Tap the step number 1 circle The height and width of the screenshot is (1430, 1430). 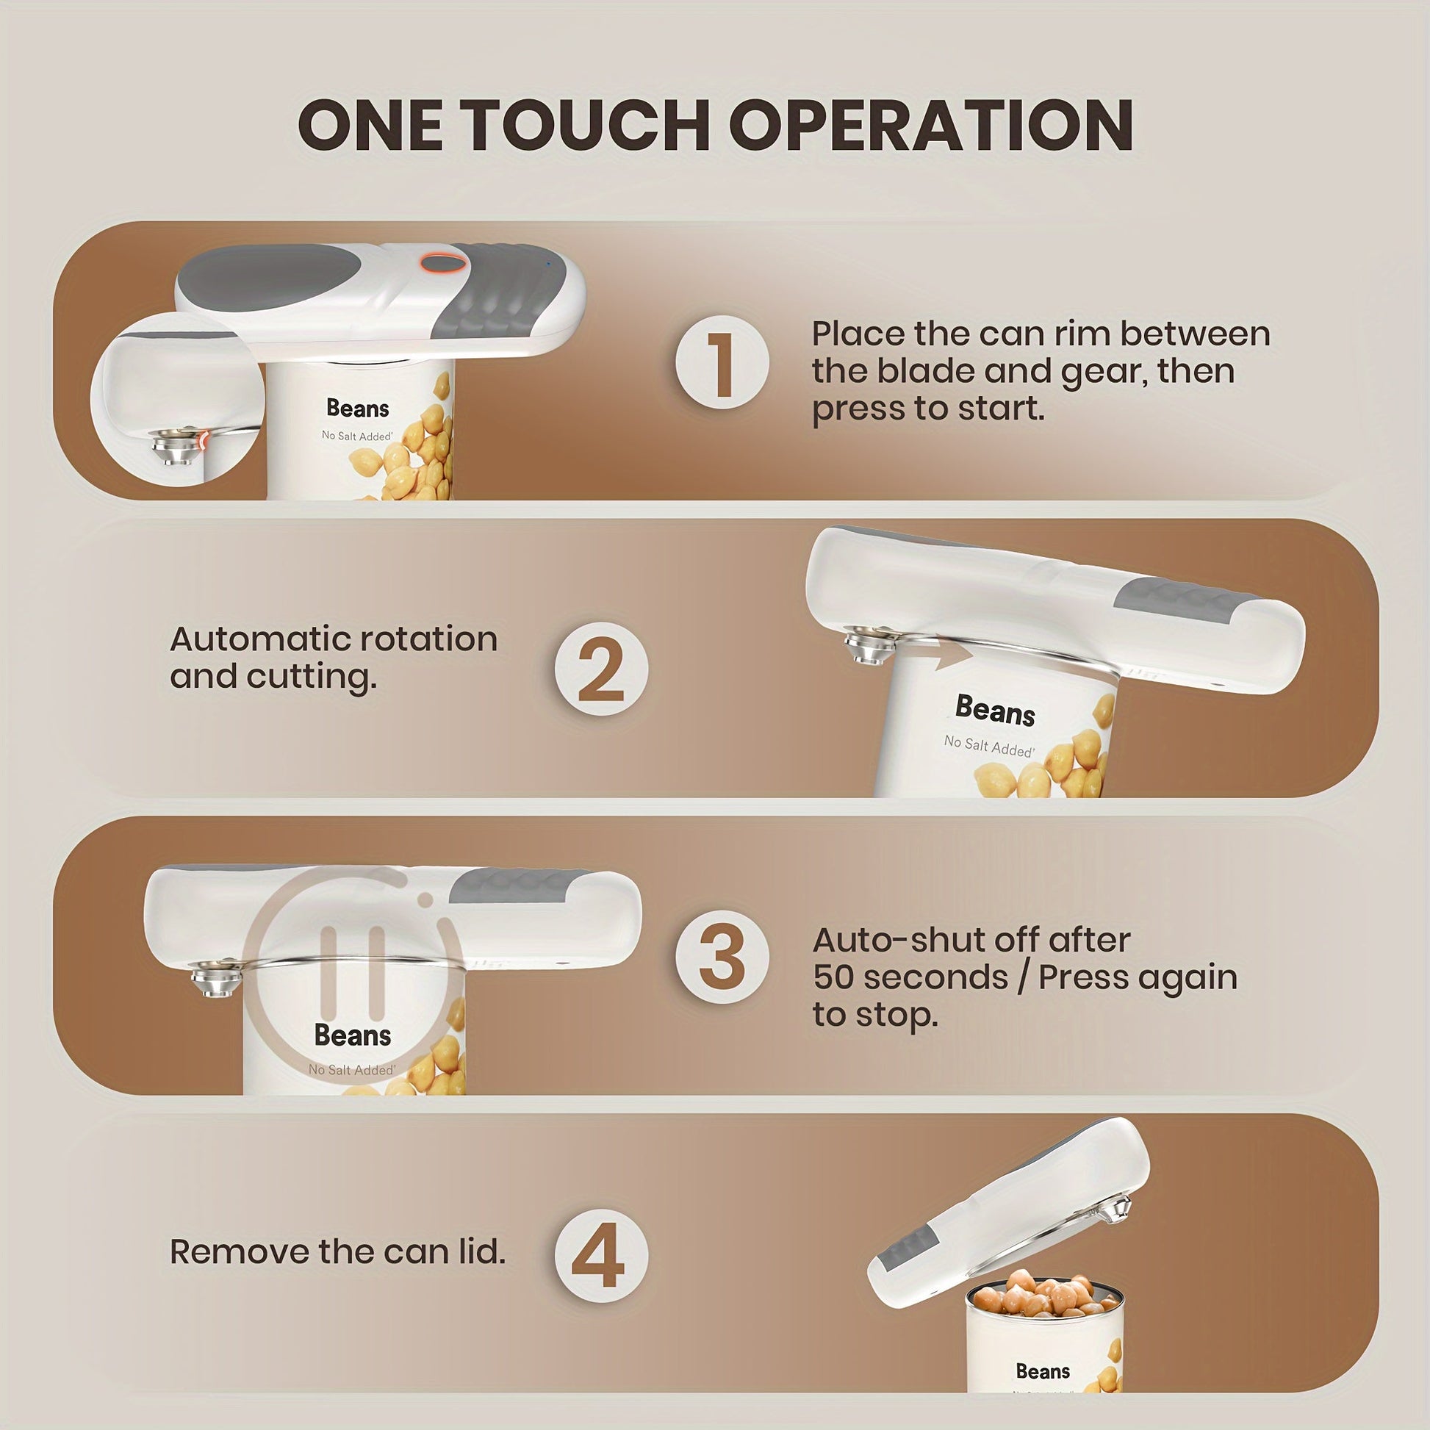pyautogui.click(x=722, y=363)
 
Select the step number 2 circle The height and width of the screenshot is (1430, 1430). pyautogui.click(x=601, y=669)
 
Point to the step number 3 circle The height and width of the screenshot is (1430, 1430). pyautogui.click(x=722, y=957)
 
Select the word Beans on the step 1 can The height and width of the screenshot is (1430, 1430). pyautogui.click(x=357, y=408)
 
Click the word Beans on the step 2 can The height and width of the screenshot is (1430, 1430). pyautogui.click(x=995, y=711)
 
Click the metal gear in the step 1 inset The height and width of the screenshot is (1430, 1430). pyautogui.click(x=172, y=444)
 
